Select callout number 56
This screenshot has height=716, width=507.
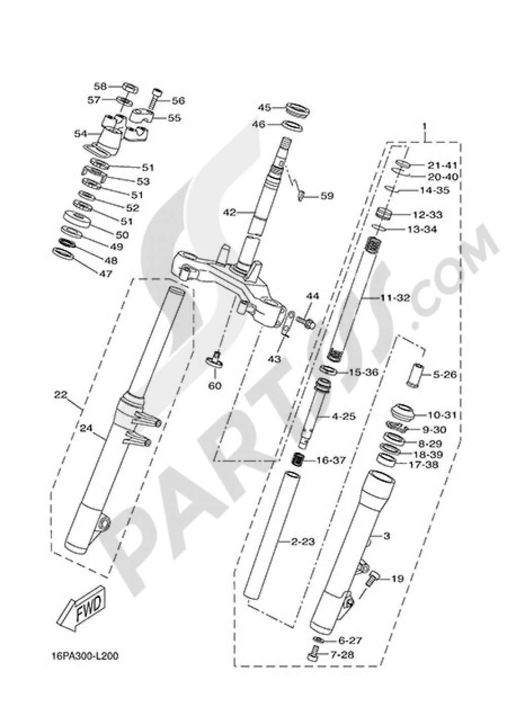coord(178,100)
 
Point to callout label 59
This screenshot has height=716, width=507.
coord(327,196)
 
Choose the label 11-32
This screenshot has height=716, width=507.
coord(395,298)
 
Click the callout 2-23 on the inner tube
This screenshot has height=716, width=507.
coord(303,542)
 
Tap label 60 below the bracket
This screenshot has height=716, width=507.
coord(214,386)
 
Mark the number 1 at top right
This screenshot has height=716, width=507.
coord(425,125)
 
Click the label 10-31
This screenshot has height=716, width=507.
coord(442,415)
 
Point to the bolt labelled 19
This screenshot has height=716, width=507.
coord(374,578)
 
